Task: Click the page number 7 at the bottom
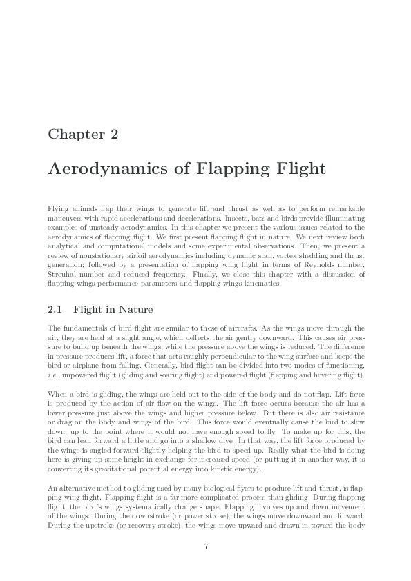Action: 206,546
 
